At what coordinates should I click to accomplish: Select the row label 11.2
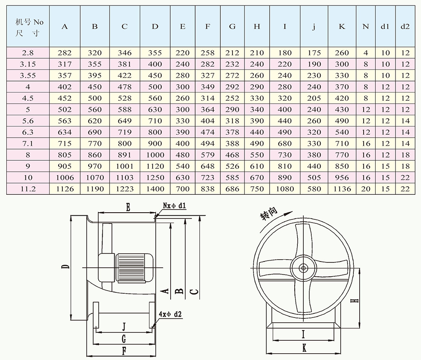click(x=28, y=189)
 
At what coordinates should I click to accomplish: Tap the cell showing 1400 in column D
click(x=155, y=189)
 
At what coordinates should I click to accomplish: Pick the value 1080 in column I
click(x=285, y=189)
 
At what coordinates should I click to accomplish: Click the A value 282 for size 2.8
click(x=65, y=53)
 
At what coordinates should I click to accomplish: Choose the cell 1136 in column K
click(x=342, y=189)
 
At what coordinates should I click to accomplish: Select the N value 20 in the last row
click(x=365, y=189)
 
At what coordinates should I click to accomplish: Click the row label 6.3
click(x=28, y=132)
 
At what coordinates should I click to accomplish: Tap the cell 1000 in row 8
click(x=155, y=155)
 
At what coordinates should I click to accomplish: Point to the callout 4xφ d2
click(x=170, y=314)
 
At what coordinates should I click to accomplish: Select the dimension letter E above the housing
click(x=128, y=207)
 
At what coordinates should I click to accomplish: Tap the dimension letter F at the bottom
click(x=124, y=351)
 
